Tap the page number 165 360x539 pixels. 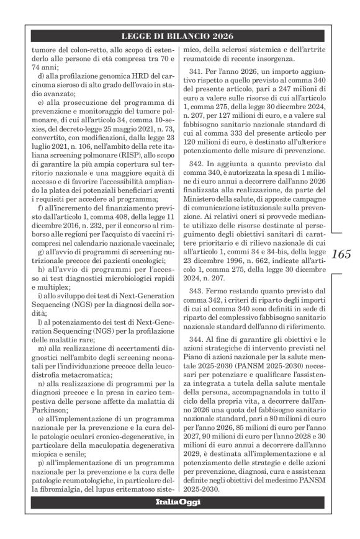tap(341, 253)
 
